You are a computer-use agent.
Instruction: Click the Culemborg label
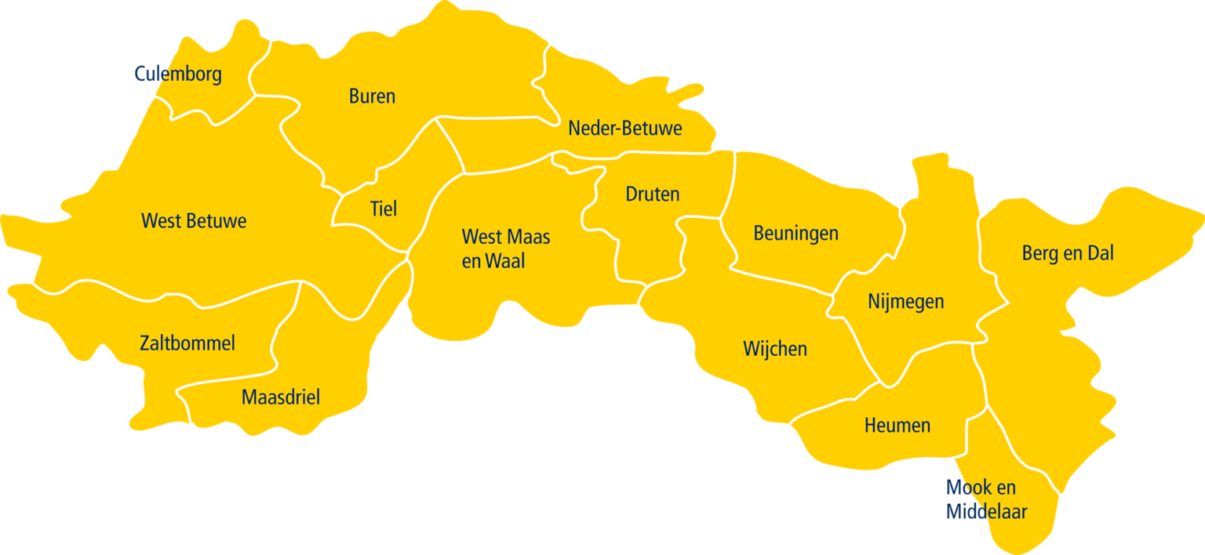pos(178,74)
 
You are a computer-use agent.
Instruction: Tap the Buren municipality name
pos(372,96)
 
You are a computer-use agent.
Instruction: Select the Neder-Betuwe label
pos(625,128)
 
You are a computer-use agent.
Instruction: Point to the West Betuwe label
pos(194,221)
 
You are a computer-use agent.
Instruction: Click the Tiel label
pos(383,209)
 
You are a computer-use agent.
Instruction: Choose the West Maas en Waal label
pos(505,248)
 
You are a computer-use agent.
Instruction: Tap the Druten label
pos(653,194)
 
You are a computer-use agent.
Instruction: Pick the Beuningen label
pos(795,233)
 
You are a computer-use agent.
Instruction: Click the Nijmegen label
pos(906,301)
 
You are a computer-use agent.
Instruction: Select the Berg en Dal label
pos(1068,253)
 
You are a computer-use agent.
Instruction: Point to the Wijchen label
pos(775,349)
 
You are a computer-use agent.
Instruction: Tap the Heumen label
pos(897,426)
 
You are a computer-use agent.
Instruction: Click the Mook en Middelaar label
pos(986,500)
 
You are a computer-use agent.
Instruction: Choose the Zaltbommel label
pos(187,343)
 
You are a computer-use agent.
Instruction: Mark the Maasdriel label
pos(281,397)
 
